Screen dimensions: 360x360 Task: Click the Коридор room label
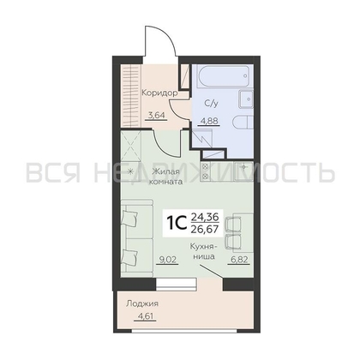[x=160, y=93]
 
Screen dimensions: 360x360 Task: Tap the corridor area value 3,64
[x=156, y=116]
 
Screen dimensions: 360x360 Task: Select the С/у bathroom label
[x=211, y=104]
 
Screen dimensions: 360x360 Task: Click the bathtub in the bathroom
[x=223, y=76]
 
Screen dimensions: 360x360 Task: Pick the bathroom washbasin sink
[x=246, y=99]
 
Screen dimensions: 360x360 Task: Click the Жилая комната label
[x=167, y=177]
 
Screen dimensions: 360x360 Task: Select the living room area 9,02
[x=167, y=259]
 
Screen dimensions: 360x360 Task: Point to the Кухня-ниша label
[x=204, y=251]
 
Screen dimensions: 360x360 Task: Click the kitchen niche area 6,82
[x=238, y=259]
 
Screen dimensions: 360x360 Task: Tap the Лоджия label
[x=142, y=303]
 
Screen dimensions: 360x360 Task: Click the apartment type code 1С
[x=175, y=224]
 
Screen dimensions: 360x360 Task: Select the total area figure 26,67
[x=205, y=230]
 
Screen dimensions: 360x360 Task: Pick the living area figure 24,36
[x=205, y=218]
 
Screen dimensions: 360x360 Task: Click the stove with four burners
[x=205, y=171]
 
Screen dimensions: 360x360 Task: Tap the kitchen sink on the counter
[x=243, y=171]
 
